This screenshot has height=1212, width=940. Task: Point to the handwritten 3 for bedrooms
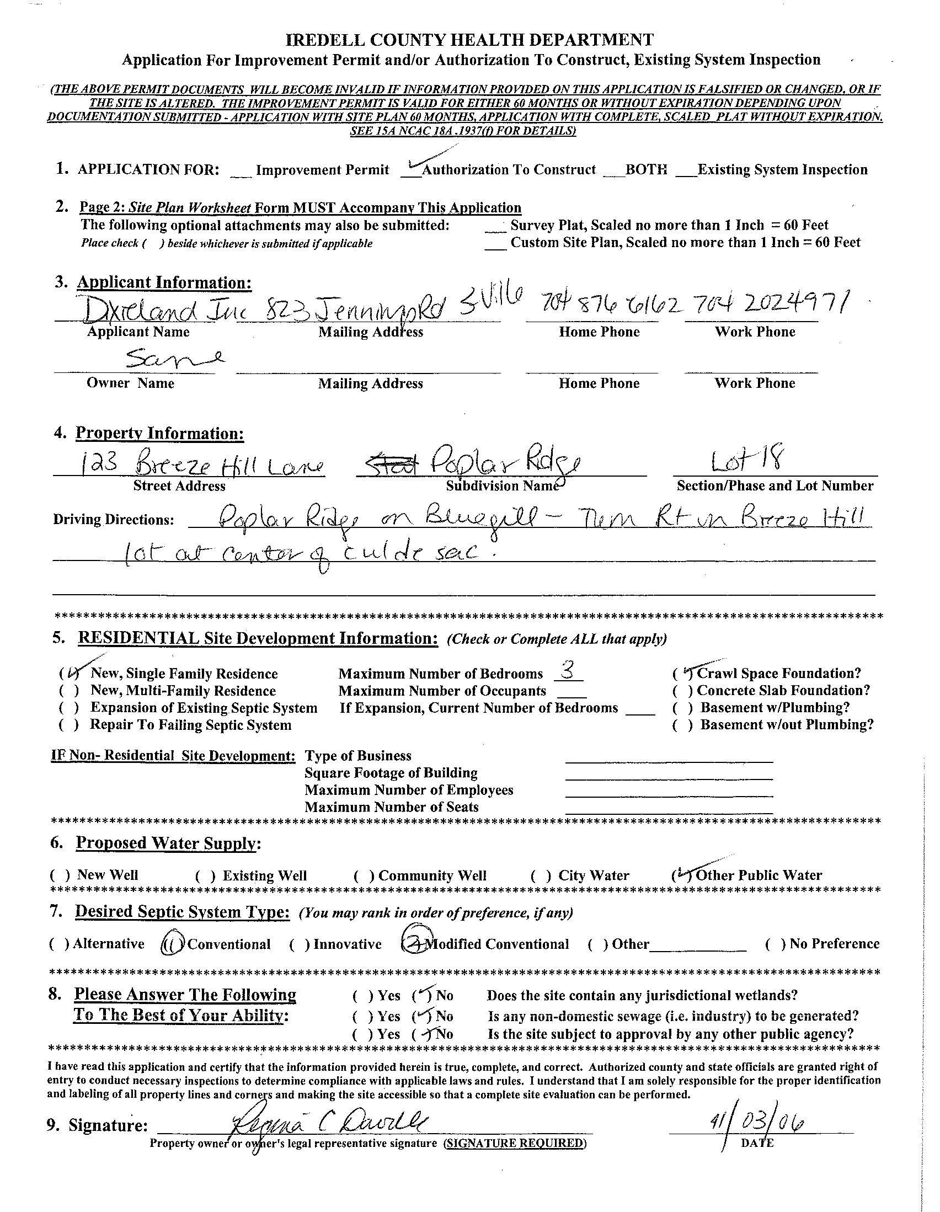[567, 672]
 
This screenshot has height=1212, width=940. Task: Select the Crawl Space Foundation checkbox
[683, 674]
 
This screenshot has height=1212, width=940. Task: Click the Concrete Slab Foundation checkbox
[683, 691]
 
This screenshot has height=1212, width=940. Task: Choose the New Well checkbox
[60, 875]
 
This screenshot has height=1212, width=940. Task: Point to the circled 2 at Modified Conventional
[413, 944]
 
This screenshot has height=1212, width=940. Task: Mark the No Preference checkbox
[775, 944]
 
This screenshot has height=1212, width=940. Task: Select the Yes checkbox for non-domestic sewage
[363, 1017]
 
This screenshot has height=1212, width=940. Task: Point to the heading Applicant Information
[164, 282]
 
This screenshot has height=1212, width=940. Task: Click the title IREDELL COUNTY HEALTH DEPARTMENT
[469, 40]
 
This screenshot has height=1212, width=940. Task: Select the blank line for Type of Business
[669, 758]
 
